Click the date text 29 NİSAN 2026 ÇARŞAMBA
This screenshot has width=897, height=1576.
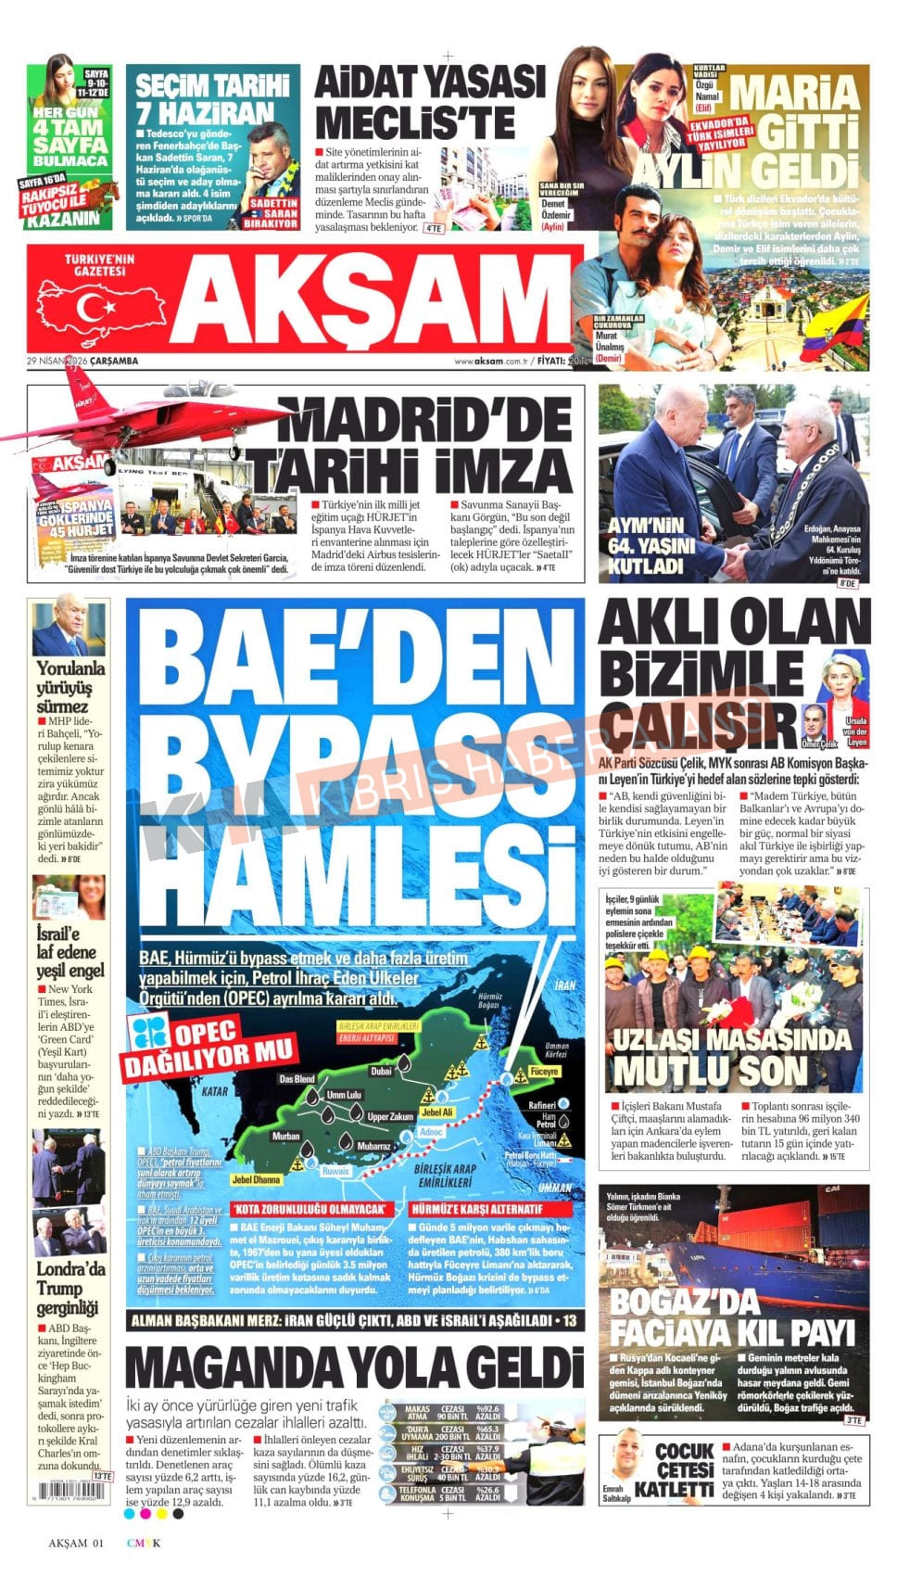click(x=82, y=360)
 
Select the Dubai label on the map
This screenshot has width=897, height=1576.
click(x=381, y=1071)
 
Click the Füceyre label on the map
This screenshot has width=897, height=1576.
click(x=543, y=1071)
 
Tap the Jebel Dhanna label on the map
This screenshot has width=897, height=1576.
click(x=256, y=1179)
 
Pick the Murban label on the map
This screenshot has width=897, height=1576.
click(x=285, y=1136)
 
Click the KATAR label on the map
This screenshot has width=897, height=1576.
click(x=215, y=1091)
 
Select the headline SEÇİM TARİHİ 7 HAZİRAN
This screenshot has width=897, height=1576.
click(x=212, y=100)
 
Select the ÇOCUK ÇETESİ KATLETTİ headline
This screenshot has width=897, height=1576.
click(x=686, y=1469)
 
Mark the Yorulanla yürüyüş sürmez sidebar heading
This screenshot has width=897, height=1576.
click(x=70, y=687)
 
